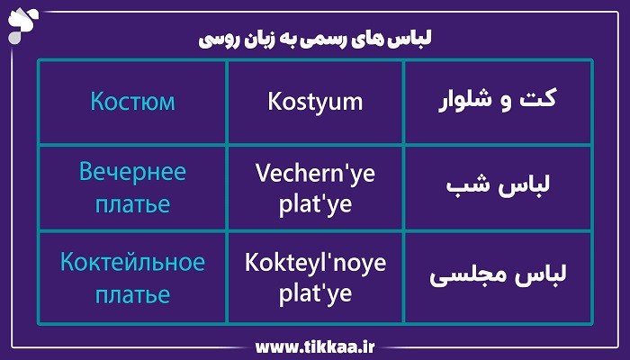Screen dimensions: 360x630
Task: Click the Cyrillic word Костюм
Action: pyautogui.click(x=132, y=101)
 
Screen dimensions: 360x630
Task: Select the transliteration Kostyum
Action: pyautogui.click(x=315, y=102)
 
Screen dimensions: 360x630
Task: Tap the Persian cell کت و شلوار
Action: pyautogui.click(x=497, y=100)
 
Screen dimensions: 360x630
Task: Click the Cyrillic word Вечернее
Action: pyautogui.click(x=131, y=173)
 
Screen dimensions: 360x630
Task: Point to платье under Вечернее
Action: pyautogui.click(x=131, y=202)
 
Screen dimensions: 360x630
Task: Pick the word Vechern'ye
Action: pyautogui.click(x=315, y=173)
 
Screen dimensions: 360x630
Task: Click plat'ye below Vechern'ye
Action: pyautogui.click(x=315, y=204)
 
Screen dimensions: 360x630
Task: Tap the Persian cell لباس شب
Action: pyautogui.click(x=498, y=188)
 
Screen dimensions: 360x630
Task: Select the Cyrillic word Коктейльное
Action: pyautogui.click(x=132, y=263)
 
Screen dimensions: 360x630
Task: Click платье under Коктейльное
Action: pyautogui.click(x=131, y=293)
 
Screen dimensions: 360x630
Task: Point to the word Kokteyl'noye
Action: pyautogui.click(x=315, y=263)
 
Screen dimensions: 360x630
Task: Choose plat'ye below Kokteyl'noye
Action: pyautogui.click(x=315, y=294)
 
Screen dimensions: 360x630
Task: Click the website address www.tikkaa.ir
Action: pyautogui.click(x=314, y=345)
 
